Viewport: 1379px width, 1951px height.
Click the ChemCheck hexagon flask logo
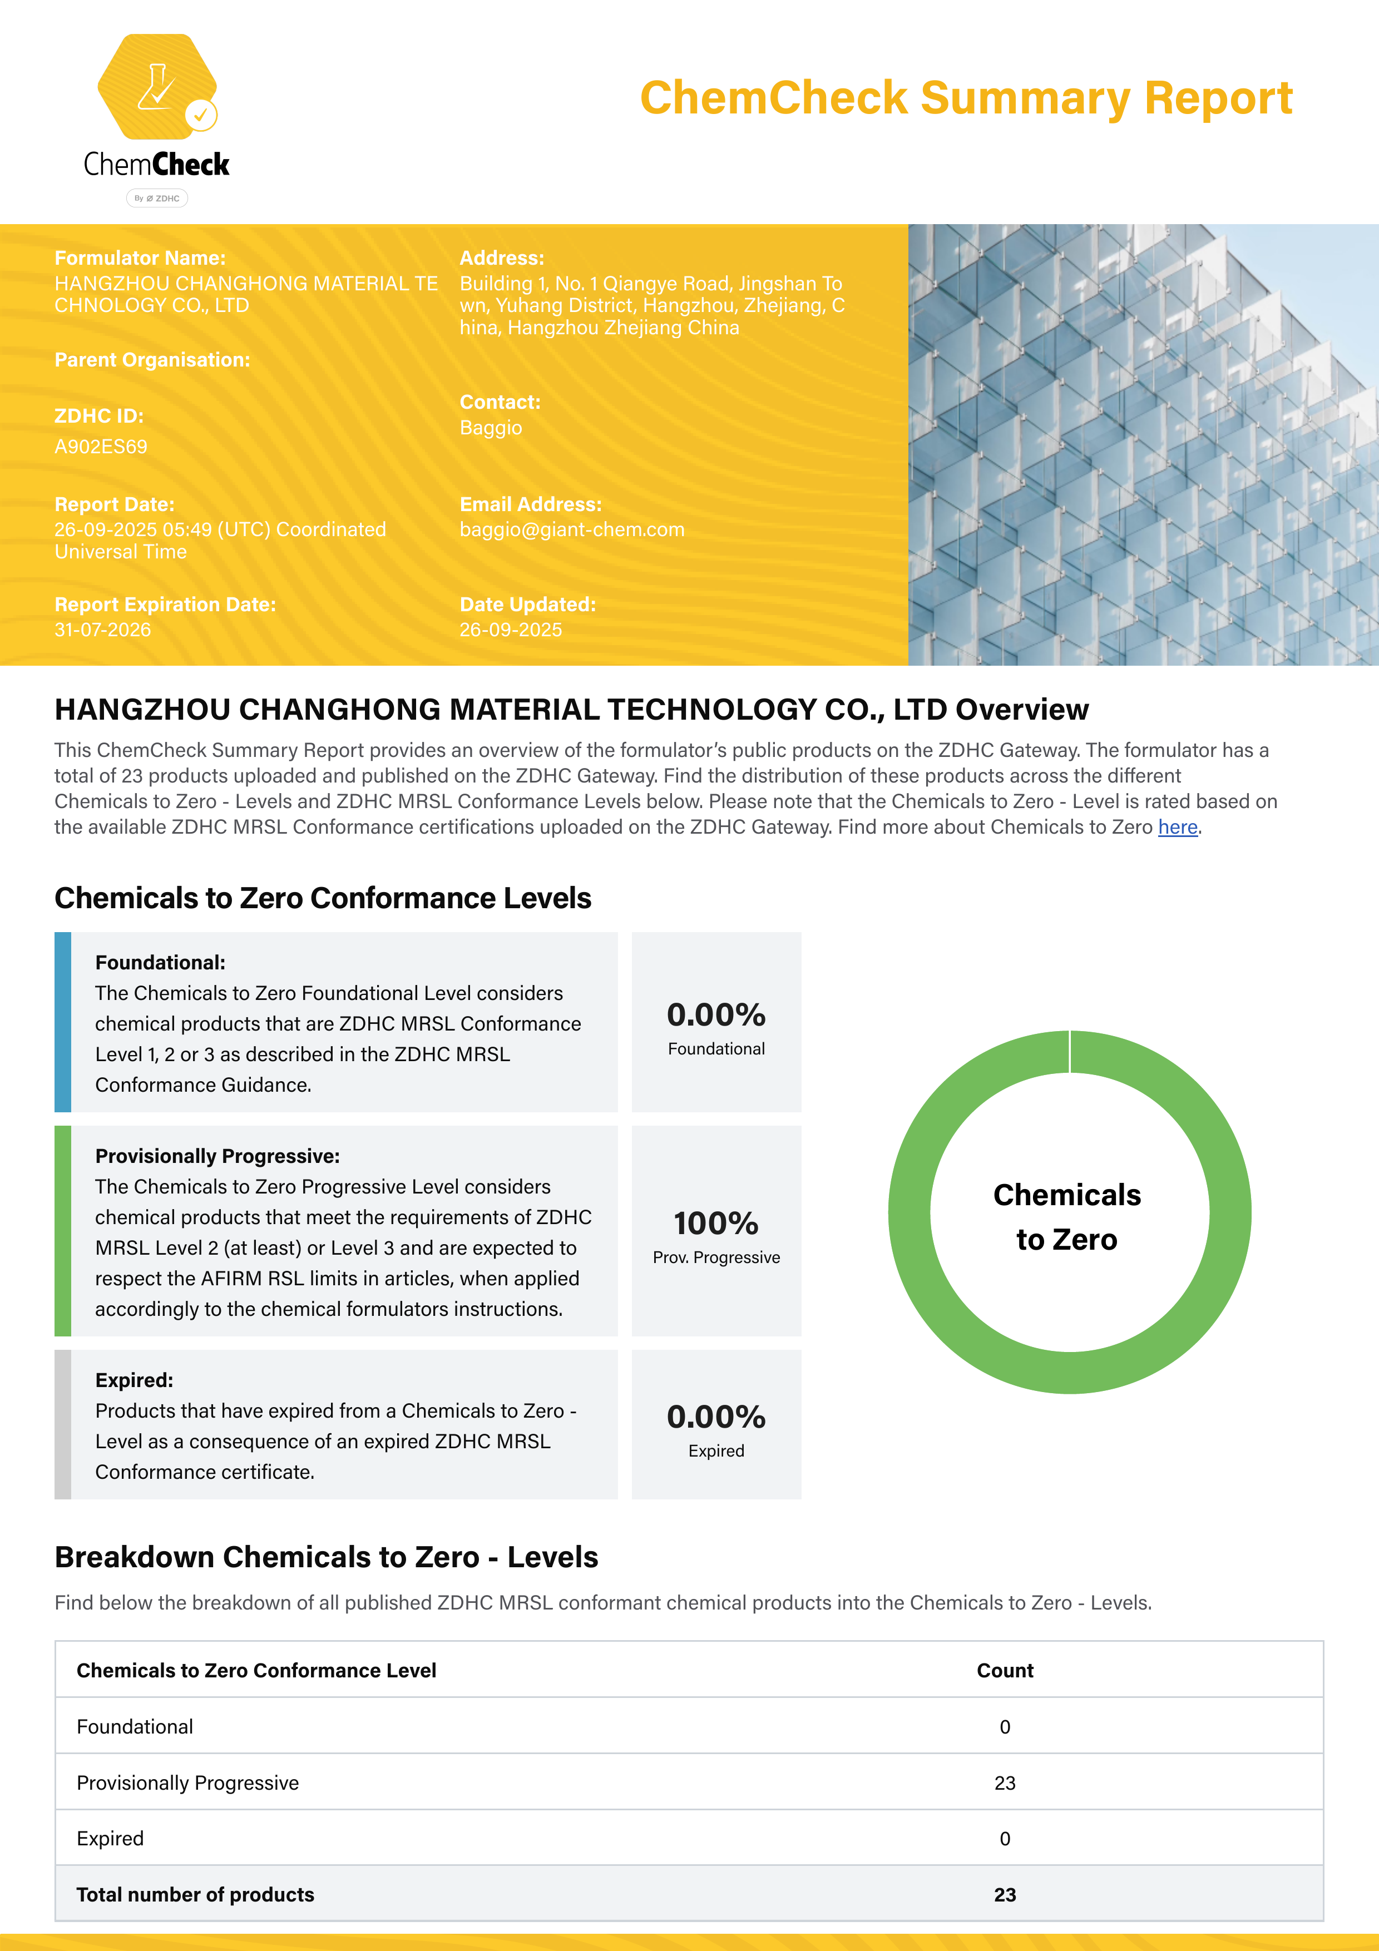click(x=157, y=87)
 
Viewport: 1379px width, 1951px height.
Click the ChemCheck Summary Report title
click(x=966, y=98)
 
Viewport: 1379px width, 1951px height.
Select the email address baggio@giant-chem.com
click(x=572, y=529)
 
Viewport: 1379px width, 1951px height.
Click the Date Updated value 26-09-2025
click(x=511, y=630)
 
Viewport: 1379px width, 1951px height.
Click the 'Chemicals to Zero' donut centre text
click(x=1067, y=1217)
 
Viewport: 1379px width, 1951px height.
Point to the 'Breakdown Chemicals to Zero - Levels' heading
click(x=327, y=1557)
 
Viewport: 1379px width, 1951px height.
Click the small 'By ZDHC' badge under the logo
click(x=157, y=198)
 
